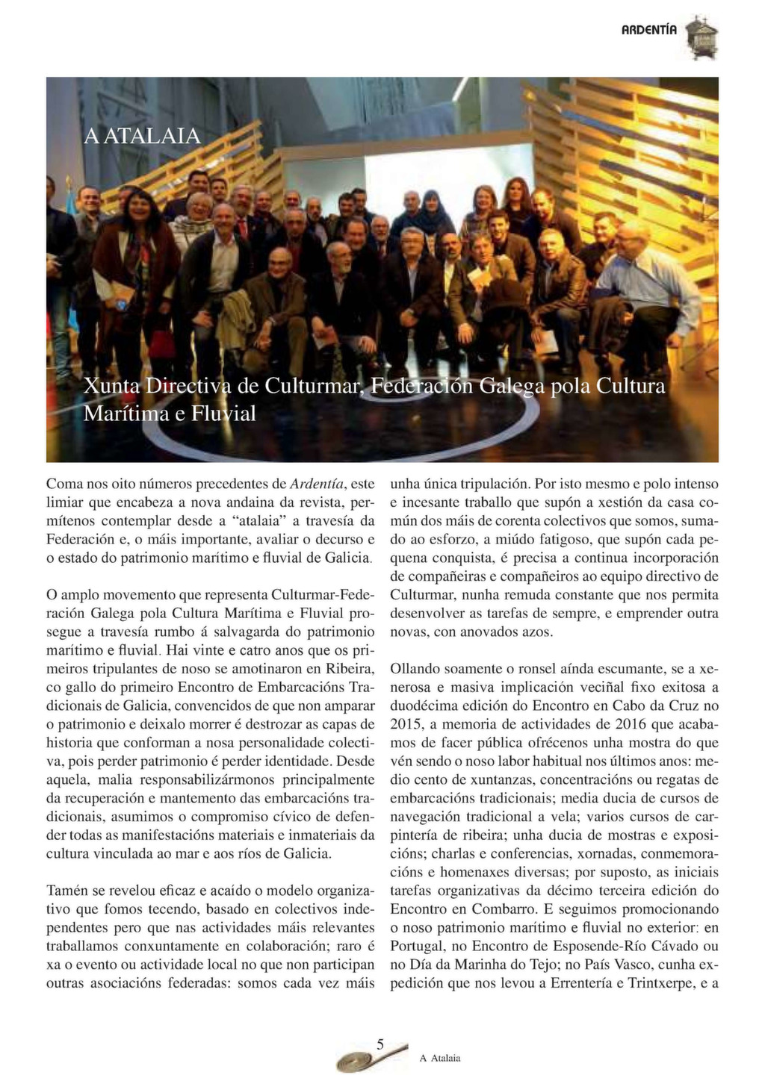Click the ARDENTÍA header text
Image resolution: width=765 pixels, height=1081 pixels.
tap(649, 31)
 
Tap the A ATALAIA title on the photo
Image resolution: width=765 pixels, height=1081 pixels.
tap(142, 136)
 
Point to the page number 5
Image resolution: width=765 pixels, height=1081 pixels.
tap(380, 1044)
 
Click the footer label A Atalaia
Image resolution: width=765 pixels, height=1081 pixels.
tap(440, 1058)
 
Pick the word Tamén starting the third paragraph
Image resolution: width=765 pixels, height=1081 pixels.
tap(66, 891)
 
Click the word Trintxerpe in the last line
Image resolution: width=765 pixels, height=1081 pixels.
tap(660, 983)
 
